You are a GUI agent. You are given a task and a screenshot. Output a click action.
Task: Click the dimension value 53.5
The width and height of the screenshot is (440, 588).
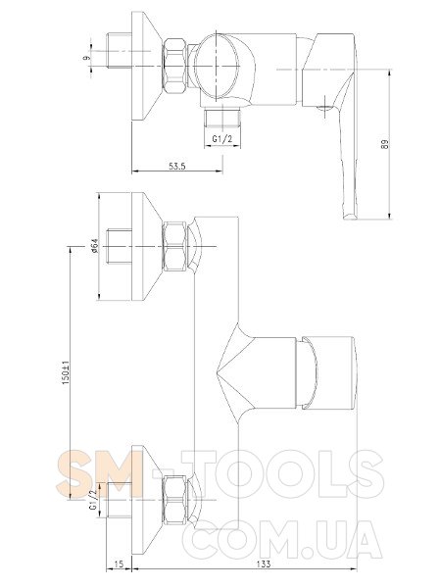[177, 166]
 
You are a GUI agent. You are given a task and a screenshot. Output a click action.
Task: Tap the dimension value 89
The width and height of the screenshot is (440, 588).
[385, 144]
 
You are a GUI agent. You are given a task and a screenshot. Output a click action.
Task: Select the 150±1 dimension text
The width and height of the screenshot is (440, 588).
[66, 372]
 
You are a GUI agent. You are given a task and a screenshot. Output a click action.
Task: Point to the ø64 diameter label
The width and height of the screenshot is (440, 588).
[94, 246]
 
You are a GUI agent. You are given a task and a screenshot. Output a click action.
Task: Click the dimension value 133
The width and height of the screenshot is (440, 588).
[265, 564]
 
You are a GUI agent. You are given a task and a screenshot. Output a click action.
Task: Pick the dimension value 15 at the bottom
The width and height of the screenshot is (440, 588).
[119, 564]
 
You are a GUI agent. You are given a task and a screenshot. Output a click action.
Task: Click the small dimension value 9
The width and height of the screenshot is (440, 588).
[86, 58]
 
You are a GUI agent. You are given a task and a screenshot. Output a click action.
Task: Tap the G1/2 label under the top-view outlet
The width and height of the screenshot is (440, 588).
[222, 139]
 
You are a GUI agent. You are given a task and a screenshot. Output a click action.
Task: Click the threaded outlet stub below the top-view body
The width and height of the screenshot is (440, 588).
[221, 117]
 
